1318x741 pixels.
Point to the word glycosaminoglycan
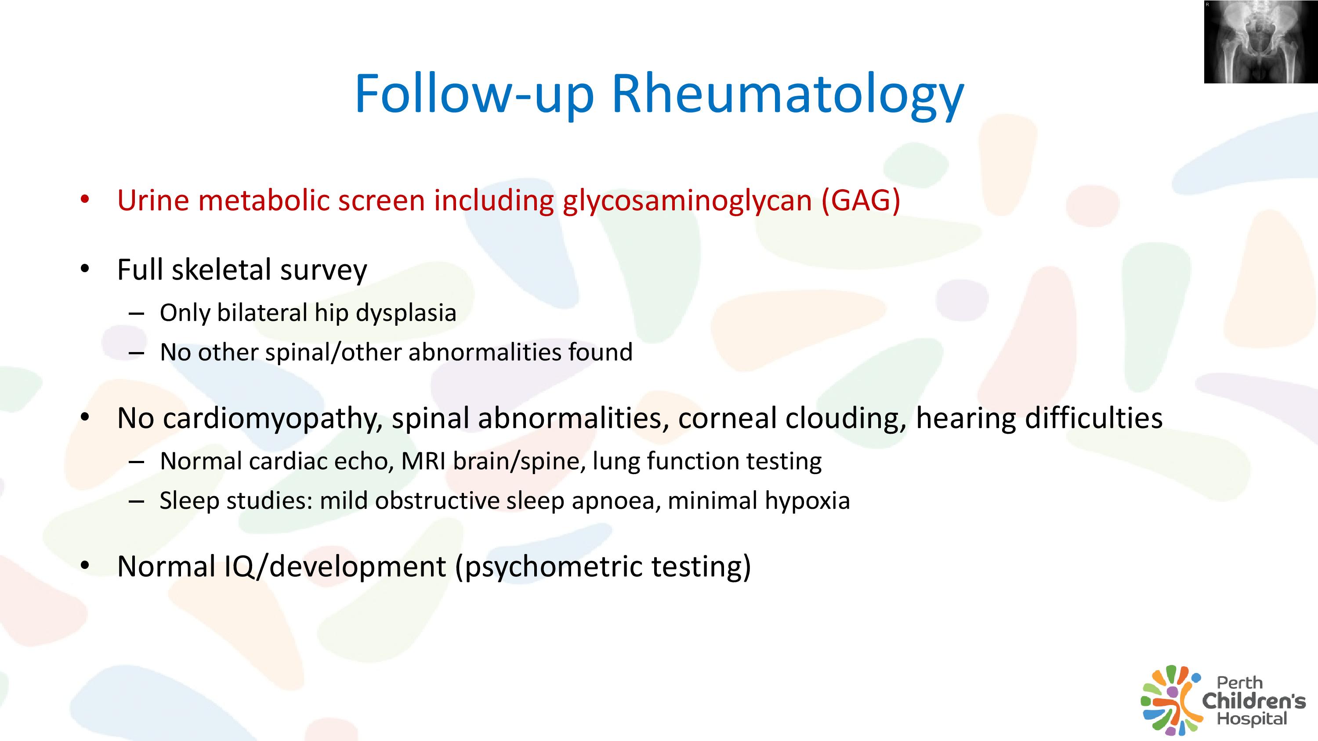click(688, 201)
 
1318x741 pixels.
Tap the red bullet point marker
click(85, 199)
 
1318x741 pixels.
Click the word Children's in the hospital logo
click(1253, 701)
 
